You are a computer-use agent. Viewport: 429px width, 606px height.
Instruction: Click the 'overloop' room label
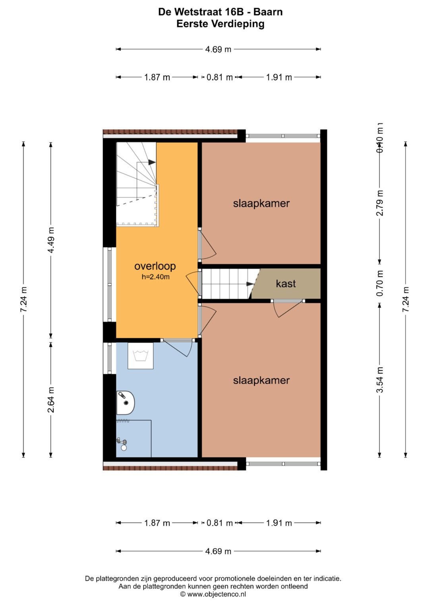pos(155,266)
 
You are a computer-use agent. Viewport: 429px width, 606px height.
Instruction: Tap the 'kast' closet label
pos(286,283)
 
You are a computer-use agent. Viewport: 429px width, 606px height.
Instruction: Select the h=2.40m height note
pos(155,277)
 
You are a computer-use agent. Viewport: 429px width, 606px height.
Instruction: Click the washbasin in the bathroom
pos(126,402)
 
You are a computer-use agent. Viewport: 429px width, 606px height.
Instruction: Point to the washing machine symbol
pos(140,356)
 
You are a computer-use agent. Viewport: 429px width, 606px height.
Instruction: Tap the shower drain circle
pos(124,448)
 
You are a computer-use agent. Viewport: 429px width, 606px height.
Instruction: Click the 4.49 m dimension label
pos(51,240)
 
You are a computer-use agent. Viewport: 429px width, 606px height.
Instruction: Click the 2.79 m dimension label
pos(380,203)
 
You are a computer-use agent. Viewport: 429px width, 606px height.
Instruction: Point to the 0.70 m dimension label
pos(380,283)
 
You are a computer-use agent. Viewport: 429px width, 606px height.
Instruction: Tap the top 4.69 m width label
pos(218,49)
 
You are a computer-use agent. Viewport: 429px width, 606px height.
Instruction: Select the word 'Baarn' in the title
pos(268,12)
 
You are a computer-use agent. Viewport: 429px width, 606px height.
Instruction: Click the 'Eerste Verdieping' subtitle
pos(220,24)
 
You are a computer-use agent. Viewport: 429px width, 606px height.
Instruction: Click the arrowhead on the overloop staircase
pos(152,162)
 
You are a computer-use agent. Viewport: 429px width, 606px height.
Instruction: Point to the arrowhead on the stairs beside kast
pos(250,284)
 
